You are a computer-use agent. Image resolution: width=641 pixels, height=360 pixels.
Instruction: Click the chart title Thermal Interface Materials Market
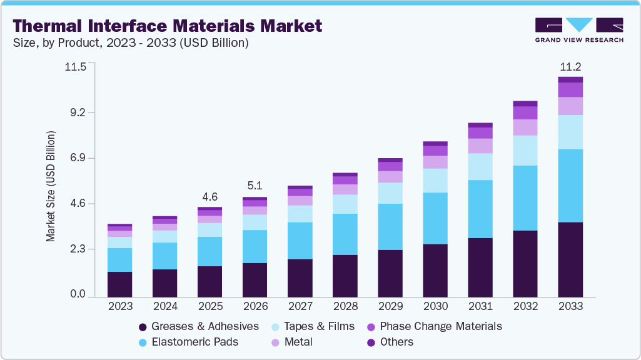click(168, 26)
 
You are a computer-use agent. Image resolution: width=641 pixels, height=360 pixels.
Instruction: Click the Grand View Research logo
click(579, 30)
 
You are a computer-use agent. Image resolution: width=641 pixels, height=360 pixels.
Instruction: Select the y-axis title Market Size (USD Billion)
click(51, 187)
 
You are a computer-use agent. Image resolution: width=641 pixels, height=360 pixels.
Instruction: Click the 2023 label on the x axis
click(120, 306)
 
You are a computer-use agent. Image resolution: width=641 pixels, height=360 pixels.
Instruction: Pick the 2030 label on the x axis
click(435, 306)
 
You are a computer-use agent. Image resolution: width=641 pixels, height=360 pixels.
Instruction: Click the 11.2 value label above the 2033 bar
click(570, 67)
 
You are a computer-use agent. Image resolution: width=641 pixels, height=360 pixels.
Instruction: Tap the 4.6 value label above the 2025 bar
click(209, 196)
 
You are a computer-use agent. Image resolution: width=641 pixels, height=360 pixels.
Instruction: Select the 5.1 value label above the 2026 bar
click(255, 186)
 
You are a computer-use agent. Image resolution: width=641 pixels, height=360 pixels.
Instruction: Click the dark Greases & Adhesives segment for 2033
click(570, 259)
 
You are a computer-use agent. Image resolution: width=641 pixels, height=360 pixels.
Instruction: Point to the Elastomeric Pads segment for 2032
click(525, 198)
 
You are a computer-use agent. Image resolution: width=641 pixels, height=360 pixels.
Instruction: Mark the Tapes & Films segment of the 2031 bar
click(480, 166)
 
